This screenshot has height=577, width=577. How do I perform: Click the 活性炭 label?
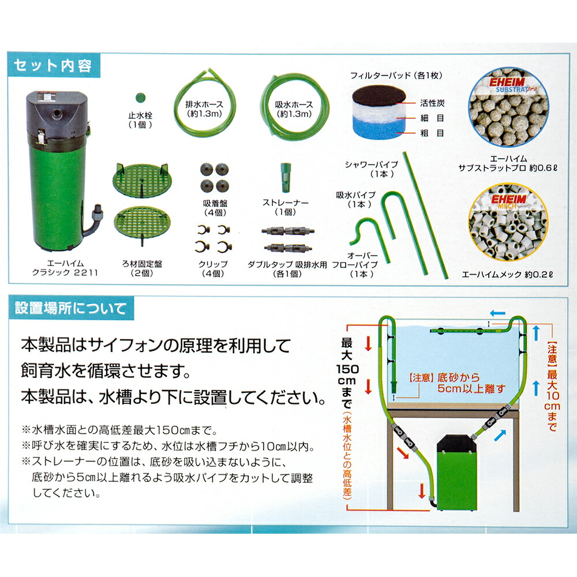pyautogui.click(x=432, y=104)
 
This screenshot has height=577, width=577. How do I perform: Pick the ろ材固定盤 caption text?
pyautogui.click(x=139, y=264)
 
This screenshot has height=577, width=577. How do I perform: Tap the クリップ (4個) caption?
pyautogui.click(x=212, y=268)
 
